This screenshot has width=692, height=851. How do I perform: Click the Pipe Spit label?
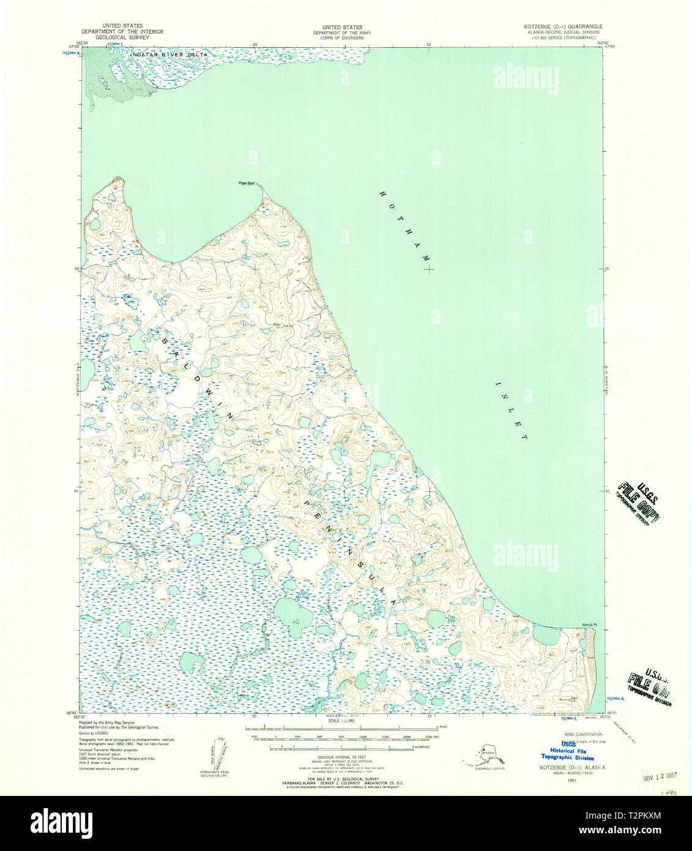pyautogui.click(x=247, y=183)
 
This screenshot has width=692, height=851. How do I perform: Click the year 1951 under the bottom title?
pyautogui.click(x=571, y=781)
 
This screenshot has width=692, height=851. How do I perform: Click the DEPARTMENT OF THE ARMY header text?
pyautogui.click(x=342, y=32)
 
